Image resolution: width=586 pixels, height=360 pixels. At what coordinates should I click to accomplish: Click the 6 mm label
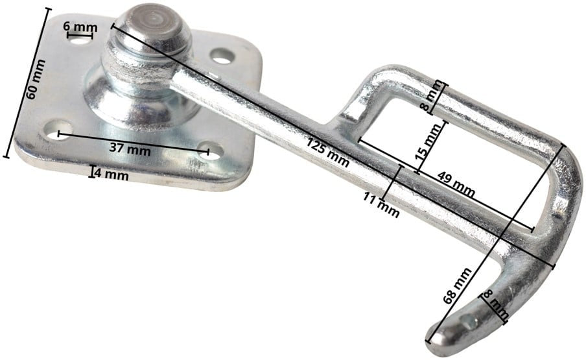(x=80, y=27)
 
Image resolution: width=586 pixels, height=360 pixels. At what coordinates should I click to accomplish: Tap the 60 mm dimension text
(x=36, y=79)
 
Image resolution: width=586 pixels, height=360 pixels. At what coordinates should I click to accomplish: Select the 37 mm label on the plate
(x=130, y=149)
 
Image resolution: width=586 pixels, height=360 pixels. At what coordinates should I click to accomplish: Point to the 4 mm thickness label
(x=111, y=174)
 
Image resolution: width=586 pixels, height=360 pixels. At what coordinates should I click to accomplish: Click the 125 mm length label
(x=328, y=152)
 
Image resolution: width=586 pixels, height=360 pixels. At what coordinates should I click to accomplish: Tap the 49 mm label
(x=456, y=184)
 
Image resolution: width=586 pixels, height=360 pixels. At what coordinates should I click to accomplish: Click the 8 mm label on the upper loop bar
(x=432, y=97)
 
